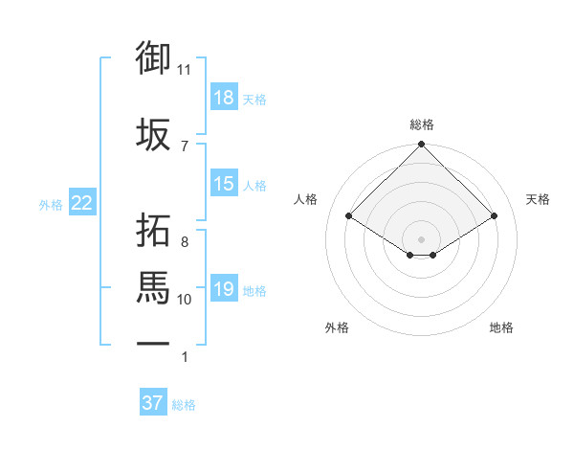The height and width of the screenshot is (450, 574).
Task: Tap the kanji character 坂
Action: click(x=153, y=135)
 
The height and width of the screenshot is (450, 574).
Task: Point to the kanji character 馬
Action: click(x=153, y=286)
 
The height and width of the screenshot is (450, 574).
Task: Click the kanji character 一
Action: click(x=153, y=344)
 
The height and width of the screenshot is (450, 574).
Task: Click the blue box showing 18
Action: click(x=224, y=98)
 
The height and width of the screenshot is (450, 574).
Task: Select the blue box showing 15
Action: click(x=224, y=184)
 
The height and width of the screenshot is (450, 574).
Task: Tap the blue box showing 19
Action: click(x=224, y=289)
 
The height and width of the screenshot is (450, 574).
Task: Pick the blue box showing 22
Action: click(x=82, y=203)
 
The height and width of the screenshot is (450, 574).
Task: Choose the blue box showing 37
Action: click(x=153, y=403)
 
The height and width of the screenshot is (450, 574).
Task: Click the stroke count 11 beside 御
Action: click(x=185, y=70)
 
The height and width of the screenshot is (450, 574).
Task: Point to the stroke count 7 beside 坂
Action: click(x=184, y=146)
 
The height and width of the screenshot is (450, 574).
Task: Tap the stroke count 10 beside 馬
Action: click(x=185, y=300)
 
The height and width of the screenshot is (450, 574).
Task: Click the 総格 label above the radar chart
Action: click(x=421, y=124)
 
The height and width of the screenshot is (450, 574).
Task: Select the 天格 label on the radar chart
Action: click(x=538, y=199)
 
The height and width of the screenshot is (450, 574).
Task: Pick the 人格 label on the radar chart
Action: click(x=306, y=199)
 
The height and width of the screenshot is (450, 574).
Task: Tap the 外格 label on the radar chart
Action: click(x=337, y=327)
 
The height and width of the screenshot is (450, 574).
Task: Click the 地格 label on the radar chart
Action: click(x=501, y=327)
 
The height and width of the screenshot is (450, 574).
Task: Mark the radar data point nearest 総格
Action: click(x=421, y=145)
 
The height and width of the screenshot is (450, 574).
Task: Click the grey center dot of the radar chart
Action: click(x=421, y=237)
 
